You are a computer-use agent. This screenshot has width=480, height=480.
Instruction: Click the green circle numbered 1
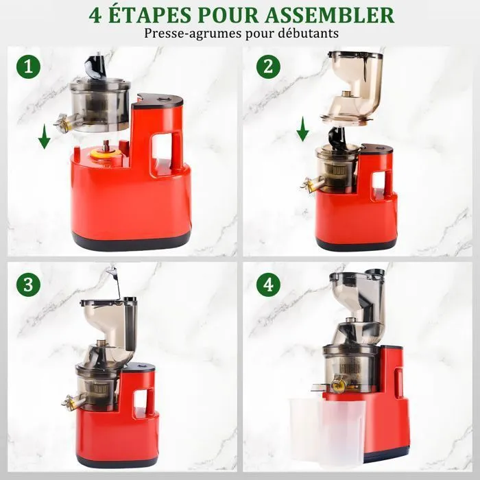click(x=29, y=67)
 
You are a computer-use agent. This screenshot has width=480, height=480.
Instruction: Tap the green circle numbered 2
click(x=269, y=67)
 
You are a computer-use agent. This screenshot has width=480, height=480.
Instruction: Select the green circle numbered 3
click(x=29, y=285)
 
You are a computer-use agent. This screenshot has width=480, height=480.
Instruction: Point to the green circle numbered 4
click(x=269, y=285)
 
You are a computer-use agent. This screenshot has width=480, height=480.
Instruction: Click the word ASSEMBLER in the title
click(x=329, y=15)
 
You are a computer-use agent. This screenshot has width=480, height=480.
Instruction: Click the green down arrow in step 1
click(x=45, y=136)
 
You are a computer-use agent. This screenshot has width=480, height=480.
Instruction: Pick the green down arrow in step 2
click(x=303, y=129)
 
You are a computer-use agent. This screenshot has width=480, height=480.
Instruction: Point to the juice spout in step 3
click(x=72, y=400)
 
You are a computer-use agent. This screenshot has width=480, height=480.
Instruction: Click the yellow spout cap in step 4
click(x=338, y=384)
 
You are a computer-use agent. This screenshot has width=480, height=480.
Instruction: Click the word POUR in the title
click(x=228, y=15)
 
